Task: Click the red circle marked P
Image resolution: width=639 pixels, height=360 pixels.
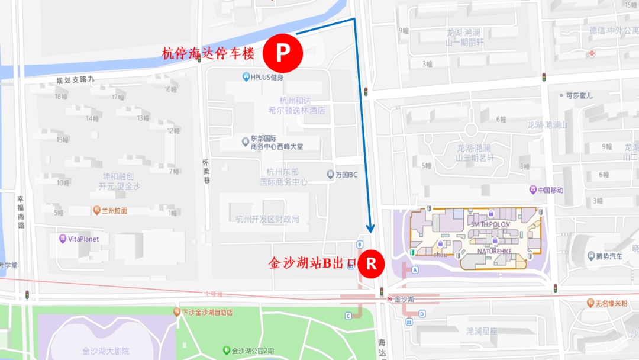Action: (x=283, y=53)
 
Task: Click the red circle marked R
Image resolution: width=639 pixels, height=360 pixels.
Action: (x=371, y=263)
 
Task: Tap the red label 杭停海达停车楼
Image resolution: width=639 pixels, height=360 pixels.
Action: (x=208, y=53)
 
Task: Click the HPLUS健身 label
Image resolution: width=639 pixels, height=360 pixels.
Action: (x=263, y=77)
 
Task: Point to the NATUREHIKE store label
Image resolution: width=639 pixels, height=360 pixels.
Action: (x=495, y=250)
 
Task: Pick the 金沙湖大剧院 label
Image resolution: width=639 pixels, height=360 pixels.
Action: (x=106, y=351)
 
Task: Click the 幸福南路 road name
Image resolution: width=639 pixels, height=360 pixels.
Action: (x=21, y=213)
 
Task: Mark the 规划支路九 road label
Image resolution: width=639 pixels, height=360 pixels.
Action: (x=75, y=79)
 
